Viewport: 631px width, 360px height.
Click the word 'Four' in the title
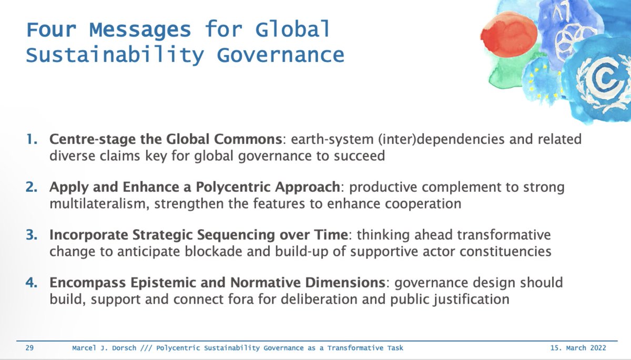pyautogui.click(x=51, y=29)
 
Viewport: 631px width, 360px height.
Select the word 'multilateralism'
pyautogui.click(x=93, y=204)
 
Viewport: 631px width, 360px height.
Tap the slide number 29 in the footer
pyautogui.click(x=30, y=348)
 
